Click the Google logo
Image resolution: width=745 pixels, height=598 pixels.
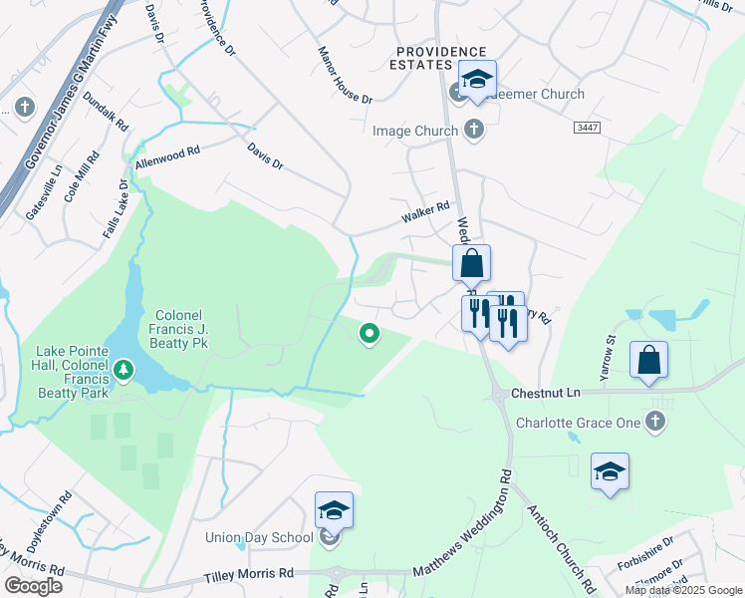[33, 586]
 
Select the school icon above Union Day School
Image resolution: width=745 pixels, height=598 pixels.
[334, 511]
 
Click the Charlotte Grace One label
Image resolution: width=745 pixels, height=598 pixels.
[578, 423]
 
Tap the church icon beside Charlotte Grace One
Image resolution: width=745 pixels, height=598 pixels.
[655, 423]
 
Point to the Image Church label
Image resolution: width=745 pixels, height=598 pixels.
[414, 131]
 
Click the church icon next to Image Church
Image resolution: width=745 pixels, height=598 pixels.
[473, 130]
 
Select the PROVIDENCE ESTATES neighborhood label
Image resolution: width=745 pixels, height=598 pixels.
[441, 59]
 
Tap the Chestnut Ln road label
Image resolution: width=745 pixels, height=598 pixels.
[544, 394]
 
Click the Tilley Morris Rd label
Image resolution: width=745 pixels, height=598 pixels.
[249, 574]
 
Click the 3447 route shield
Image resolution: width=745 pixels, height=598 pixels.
[587, 128]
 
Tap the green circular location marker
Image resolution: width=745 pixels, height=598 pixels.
[370, 335]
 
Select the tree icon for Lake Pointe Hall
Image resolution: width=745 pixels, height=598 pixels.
[124, 372]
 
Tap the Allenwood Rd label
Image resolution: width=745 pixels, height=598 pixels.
[168, 155]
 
